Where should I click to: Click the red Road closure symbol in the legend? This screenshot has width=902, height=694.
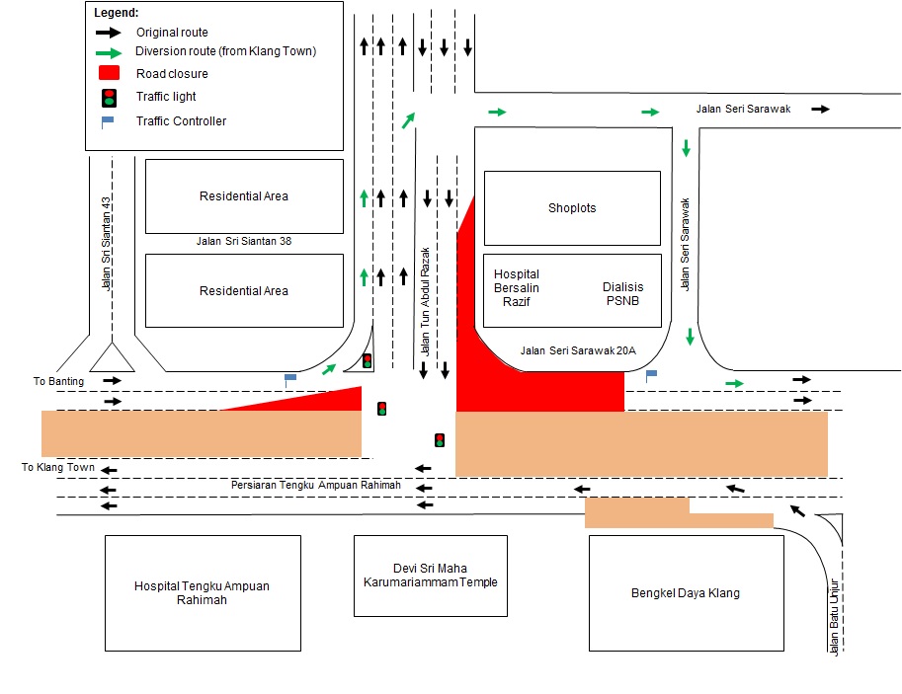[x=109, y=73]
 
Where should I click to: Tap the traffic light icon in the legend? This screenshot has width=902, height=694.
[x=109, y=97]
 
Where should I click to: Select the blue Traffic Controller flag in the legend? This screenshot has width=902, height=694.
[x=107, y=121]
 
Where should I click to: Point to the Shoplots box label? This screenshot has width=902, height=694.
[x=572, y=208]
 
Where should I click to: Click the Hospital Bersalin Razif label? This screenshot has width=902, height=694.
[x=517, y=287]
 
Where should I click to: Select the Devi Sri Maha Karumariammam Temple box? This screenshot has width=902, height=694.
[x=430, y=576]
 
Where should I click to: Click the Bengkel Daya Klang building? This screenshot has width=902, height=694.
[x=686, y=592]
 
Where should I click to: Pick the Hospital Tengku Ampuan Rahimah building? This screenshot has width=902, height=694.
[x=202, y=592]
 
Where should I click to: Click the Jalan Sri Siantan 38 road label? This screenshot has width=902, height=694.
[x=243, y=241]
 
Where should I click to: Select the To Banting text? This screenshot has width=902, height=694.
[x=58, y=381]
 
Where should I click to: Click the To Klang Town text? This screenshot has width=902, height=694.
[x=58, y=467]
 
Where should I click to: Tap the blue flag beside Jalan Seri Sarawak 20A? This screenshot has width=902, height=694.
[x=650, y=375]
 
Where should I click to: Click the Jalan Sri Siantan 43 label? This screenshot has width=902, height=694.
[x=106, y=243]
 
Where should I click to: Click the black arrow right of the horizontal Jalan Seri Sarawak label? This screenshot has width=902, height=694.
[x=820, y=109]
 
